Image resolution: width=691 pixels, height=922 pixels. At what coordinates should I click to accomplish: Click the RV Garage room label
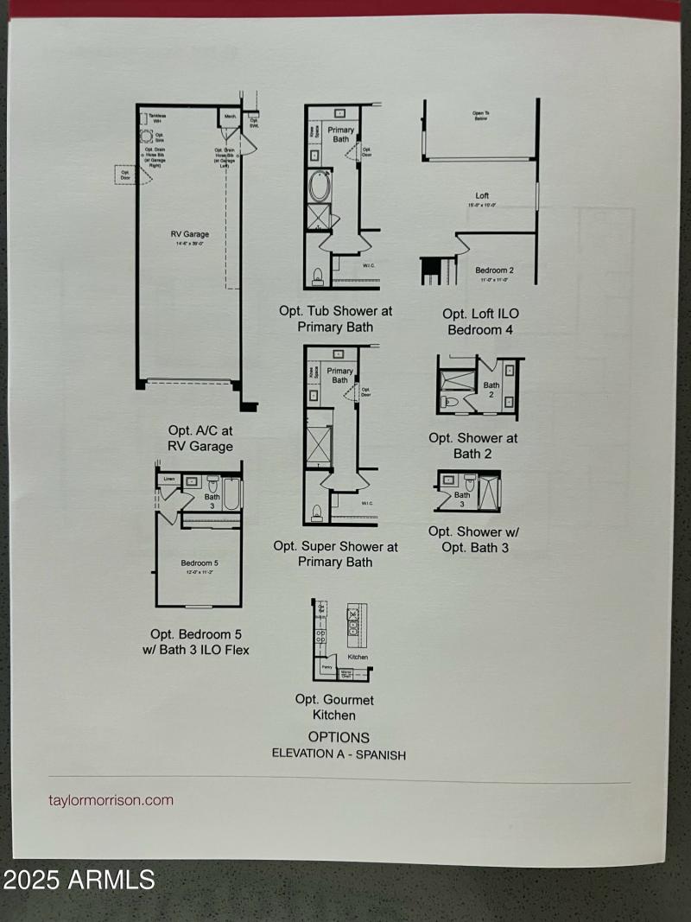(189, 233)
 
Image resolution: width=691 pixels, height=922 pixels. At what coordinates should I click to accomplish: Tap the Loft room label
(482, 196)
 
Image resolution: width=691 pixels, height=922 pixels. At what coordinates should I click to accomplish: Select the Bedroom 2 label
(494, 270)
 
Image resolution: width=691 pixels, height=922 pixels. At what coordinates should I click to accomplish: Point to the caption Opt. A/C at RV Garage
(200, 438)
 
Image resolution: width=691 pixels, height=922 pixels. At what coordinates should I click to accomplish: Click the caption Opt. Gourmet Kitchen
(334, 707)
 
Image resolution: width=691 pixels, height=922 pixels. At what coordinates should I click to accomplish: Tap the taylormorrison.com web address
(111, 800)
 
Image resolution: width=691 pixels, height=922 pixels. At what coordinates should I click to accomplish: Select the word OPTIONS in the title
(339, 737)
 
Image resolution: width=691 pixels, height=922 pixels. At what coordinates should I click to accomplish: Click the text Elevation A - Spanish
(339, 753)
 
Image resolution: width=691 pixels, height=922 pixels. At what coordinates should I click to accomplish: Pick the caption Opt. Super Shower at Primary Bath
(335, 554)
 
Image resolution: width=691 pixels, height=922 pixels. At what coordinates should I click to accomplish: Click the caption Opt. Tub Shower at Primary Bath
(335, 318)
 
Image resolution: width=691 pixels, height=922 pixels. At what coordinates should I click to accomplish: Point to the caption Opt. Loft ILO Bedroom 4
(481, 321)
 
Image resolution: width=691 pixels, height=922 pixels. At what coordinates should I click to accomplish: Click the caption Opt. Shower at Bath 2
(472, 446)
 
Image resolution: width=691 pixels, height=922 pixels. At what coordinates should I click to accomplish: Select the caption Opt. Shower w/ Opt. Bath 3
(474, 539)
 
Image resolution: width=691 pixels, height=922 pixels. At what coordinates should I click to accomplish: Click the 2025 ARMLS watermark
(79, 881)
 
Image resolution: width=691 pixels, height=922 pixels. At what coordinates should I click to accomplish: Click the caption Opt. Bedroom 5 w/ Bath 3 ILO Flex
(200, 642)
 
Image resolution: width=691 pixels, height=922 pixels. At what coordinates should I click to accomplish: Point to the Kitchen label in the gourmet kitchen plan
(358, 657)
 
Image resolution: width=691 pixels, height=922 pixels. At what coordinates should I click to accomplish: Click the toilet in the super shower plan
(317, 512)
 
